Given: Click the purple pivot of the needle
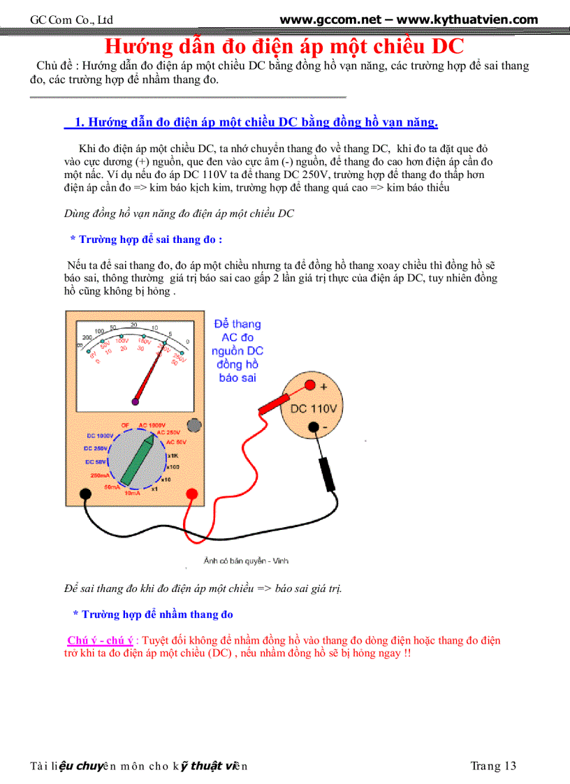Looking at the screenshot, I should pyautogui.click(x=136, y=402).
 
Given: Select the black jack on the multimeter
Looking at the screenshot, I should pyautogui.click(x=85, y=494).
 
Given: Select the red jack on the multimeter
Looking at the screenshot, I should pyautogui.click(x=191, y=494).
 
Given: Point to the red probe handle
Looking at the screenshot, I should pyautogui.click(x=276, y=404).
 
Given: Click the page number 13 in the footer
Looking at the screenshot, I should pyautogui.click(x=509, y=766).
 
